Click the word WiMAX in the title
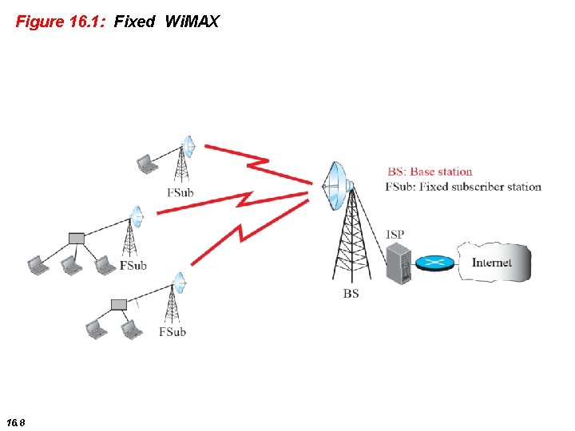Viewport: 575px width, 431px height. tap(191, 22)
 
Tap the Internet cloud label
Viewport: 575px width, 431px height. tap(491, 263)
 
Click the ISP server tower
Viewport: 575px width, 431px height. tap(397, 264)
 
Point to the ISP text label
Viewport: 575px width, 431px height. tap(395, 235)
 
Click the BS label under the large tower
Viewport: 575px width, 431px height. tap(351, 294)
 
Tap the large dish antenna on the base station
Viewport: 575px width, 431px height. tap(336, 187)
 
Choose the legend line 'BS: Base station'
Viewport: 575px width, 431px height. tap(430, 172)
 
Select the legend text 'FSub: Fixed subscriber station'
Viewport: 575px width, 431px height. tap(463, 187)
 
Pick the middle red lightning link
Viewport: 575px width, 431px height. tap(236, 203)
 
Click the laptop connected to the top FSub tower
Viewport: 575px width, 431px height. tap(146, 164)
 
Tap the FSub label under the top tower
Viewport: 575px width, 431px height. tap(180, 192)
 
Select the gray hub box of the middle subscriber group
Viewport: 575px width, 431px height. tap(76, 238)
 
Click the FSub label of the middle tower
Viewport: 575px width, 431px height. tap(133, 265)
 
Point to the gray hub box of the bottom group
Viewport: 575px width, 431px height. tap(118, 304)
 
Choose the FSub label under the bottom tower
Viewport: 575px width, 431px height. tap(172, 331)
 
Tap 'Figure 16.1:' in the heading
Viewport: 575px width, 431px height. tap(61, 22)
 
